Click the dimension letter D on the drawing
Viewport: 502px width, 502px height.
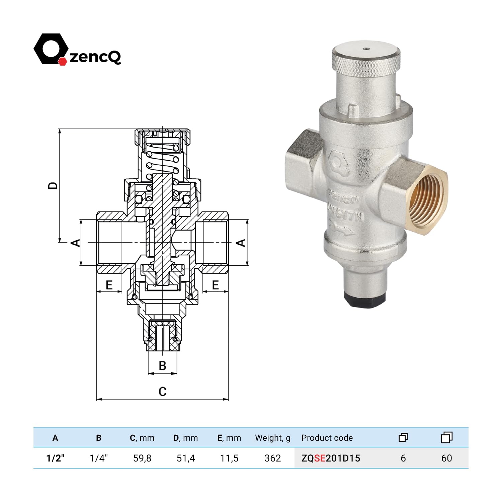[x=53, y=185]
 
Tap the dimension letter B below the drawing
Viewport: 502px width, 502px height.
[x=162, y=365]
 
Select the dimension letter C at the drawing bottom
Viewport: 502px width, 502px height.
[x=162, y=391]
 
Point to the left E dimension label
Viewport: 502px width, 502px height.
[x=109, y=285]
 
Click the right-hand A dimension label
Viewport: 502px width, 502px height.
[x=241, y=243]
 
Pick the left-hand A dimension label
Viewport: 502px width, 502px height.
[x=76, y=243]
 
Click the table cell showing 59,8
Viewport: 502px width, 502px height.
[x=142, y=458]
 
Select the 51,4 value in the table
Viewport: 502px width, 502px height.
[x=186, y=458]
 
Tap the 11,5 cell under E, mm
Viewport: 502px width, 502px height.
[x=229, y=458]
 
